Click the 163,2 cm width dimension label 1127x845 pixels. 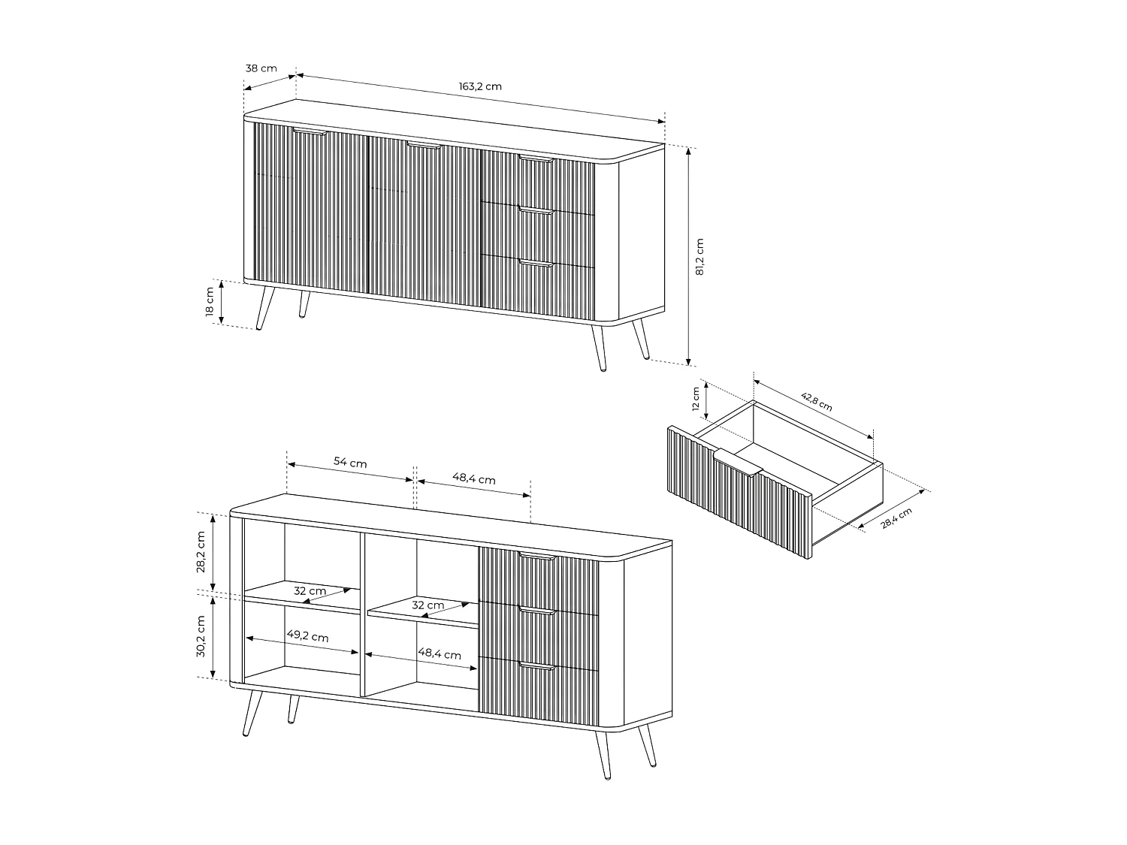pyautogui.click(x=480, y=86)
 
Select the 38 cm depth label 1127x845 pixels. pyautogui.click(x=261, y=68)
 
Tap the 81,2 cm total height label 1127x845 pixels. pyautogui.click(x=699, y=257)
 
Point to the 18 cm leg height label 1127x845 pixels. pyautogui.click(x=210, y=302)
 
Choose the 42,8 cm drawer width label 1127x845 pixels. pyautogui.click(x=817, y=402)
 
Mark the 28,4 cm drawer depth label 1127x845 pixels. pyautogui.click(x=896, y=518)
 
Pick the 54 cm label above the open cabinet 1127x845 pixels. pyautogui.click(x=350, y=463)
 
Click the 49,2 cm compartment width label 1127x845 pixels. pyautogui.click(x=307, y=635)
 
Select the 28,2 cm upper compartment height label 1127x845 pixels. pyautogui.click(x=201, y=552)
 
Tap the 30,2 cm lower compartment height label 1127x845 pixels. pyautogui.click(x=201, y=637)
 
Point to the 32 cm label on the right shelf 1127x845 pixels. pyautogui.click(x=428, y=605)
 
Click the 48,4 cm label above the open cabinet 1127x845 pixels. pyautogui.click(x=473, y=478)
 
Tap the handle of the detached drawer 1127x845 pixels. pyautogui.click(x=739, y=460)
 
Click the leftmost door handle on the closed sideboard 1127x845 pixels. pyautogui.click(x=310, y=132)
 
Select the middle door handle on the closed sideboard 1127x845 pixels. pyautogui.click(x=425, y=145)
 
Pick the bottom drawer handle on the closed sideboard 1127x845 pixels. pyautogui.click(x=536, y=264)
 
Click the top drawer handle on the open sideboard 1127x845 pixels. pyautogui.click(x=536, y=557)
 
